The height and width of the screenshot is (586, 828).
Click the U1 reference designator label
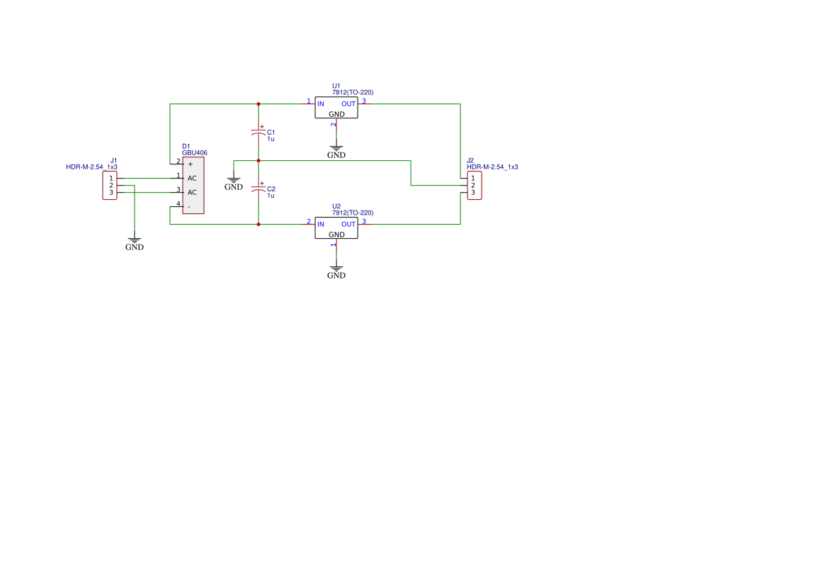pyautogui.click(x=336, y=85)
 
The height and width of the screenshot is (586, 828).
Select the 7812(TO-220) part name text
pyautogui.click(x=353, y=92)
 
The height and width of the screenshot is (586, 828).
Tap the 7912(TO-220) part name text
pyautogui.click(x=353, y=213)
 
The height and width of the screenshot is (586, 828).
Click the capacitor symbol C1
pyautogui.click(x=259, y=133)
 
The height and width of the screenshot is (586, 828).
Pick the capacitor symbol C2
pyautogui.click(x=259, y=189)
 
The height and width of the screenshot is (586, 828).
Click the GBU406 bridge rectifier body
pyautogui.click(x=193, y=185)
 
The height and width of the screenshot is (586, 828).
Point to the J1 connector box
pyautogui.click(x=110, y=185)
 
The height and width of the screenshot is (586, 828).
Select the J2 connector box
pyautogui.click(x=474, y=185)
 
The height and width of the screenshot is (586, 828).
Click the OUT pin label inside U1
pyautogui.click(x=348, y=104)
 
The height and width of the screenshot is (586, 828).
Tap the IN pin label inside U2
pyautogui.click(x=321, y=225)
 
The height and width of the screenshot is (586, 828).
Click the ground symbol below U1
pyautogui.click(x=336, y=150)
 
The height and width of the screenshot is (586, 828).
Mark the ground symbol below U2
pyautogui.click(x=336, y=270)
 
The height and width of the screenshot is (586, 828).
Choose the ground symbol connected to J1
pyautogui.click(x=135, y=242)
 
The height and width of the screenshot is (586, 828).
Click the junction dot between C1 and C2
pyautogui.click(x=259, y=161)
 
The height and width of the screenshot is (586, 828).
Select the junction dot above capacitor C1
pyautogui.click(x=259, y=104)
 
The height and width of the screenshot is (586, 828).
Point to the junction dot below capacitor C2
pyautogui.click(x=259, y=225)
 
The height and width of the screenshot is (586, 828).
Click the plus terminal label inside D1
pyautogui.click(x=190, y=164)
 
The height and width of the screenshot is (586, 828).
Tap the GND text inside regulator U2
pyautogui.click(x=336, y=235)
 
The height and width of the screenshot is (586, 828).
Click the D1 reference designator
pyautogui.click(x=186, y=146)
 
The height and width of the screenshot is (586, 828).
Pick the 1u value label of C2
pyautogui.click(x=271, y=196)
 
